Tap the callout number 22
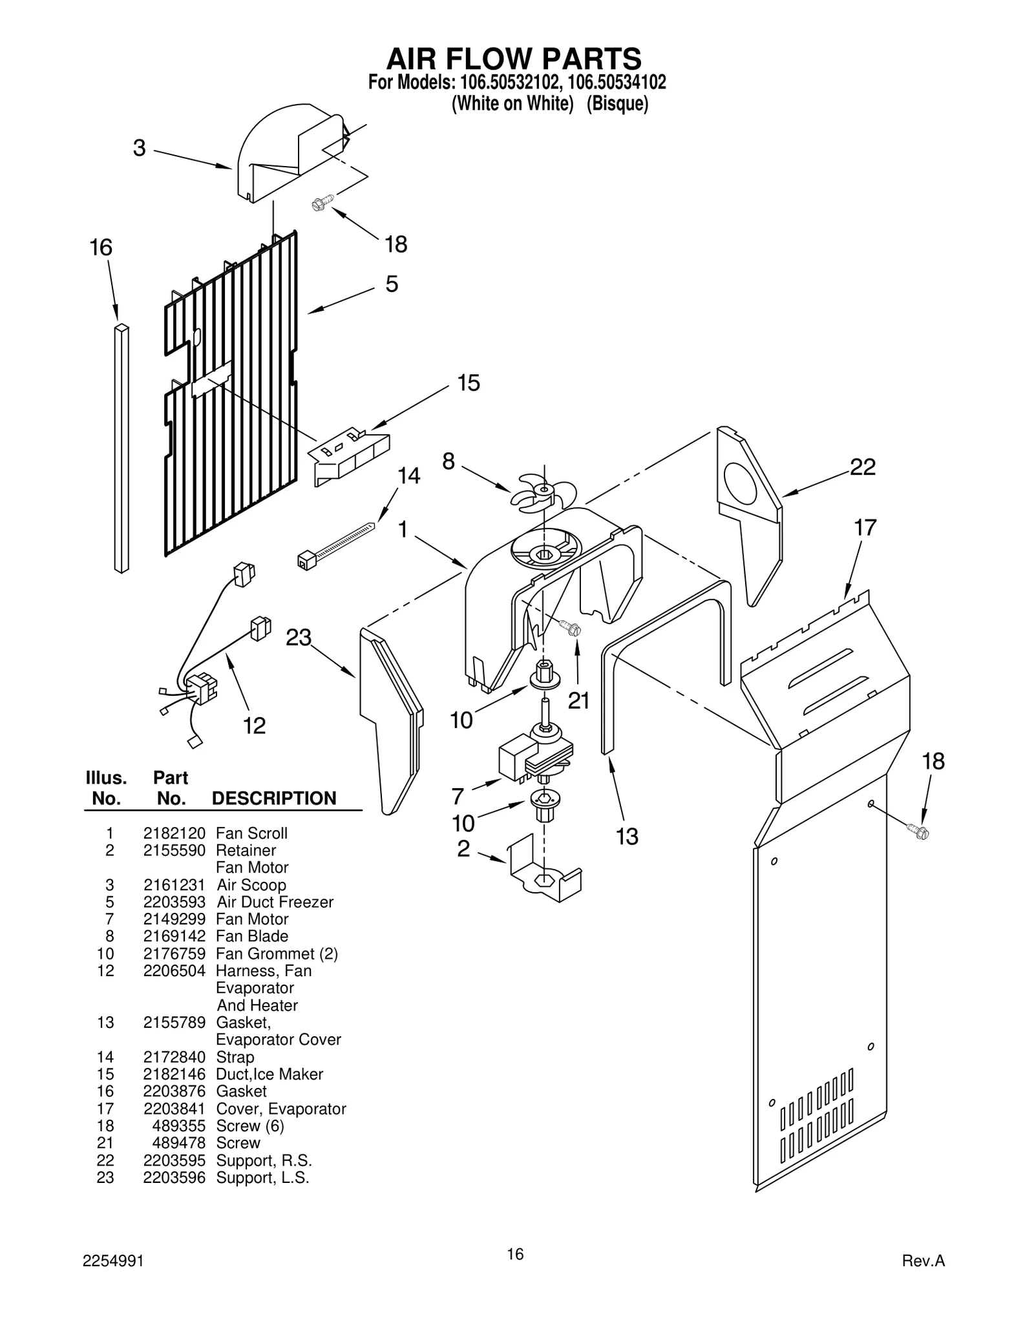click(x=862, y=466)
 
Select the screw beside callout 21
click(x=571, y=627)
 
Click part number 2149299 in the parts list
click(x=174, y=919)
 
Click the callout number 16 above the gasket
click(x=101, y=247)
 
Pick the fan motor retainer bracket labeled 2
click(x=545, y=872)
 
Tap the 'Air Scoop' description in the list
click(x=251, y=885)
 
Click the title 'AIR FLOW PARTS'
click(x=514, y=59)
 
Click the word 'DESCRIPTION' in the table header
click(x=274, y=799)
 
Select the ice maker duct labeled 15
click(x=351, y=454)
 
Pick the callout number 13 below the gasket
click(x=626, y=837)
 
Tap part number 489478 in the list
click(x=178, y=1143)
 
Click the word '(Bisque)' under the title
click(x=617, y=103)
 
